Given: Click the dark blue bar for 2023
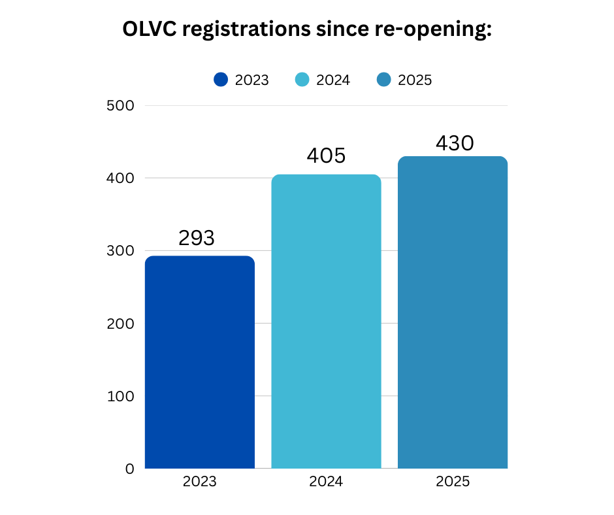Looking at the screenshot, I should [x=199, y=362].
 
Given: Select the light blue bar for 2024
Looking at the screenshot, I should [x=326, y=322].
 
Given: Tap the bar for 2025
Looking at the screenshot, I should [x=453, y=312].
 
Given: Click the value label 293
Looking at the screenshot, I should [x=197, y=238].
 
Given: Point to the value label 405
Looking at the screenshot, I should [x=326, y=156].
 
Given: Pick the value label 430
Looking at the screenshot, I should [x=454, y=143].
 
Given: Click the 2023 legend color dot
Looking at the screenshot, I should [x=221, y=80].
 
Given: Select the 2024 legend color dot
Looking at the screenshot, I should [x=302, y=80].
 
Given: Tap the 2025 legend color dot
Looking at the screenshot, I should [x=384, y=80].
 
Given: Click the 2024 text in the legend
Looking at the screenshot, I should [x=333, y=80].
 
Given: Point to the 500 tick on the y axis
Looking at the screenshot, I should [x=120, y=106].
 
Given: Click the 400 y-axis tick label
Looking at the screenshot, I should [x=120, y=178].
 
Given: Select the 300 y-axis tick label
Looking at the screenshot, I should [x=120, y=251].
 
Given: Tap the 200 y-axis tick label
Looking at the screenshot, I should [x=120, y=324].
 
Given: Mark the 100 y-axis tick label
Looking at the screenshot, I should [x=120, y=396].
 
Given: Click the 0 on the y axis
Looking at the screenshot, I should [x=129, y=469].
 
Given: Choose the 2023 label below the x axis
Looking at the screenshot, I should [x=199, y=483].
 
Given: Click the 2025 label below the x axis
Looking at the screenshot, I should [x=453, y=483].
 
